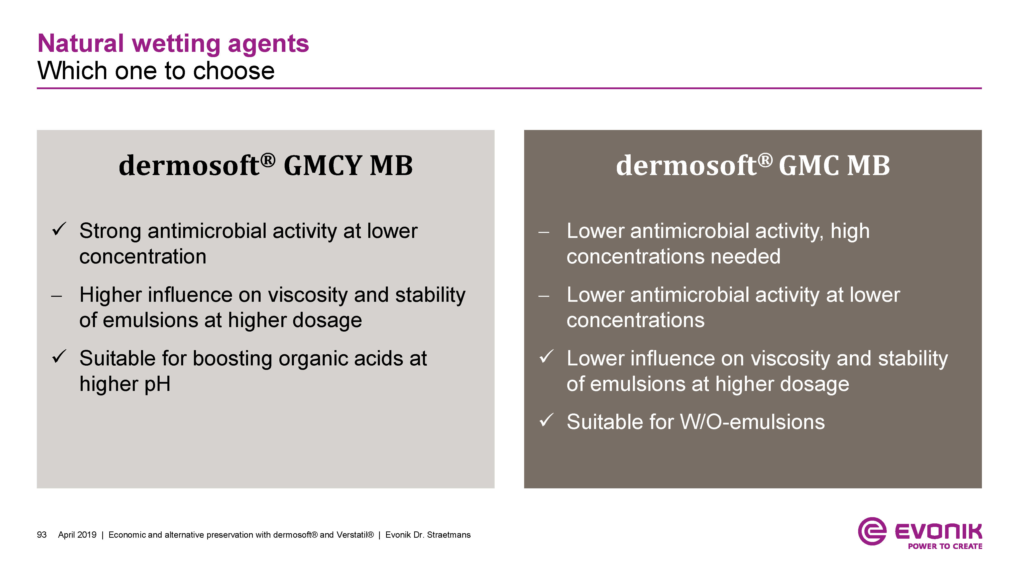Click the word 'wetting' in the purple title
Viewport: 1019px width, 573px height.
[176, 44]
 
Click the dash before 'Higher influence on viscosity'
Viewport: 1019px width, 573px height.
[57, 296]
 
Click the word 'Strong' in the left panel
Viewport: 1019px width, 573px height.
[110, 232]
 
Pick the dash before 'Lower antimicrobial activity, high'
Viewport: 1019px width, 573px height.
[544, 232]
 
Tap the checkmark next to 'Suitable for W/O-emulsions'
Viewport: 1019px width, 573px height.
[546, 420]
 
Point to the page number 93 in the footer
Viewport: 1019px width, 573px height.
[42, 535]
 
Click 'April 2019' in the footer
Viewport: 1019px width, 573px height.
[77, 535]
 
